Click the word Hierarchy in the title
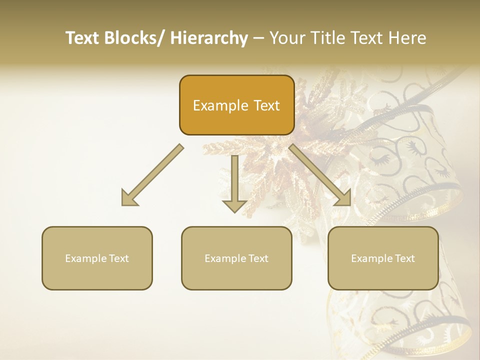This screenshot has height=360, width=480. [x=209, y=38]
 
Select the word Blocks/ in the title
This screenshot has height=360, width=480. [x=133, y=38]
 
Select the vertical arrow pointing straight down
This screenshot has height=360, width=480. [x=234, y=182]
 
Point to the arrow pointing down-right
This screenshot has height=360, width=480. [x=320, y=175]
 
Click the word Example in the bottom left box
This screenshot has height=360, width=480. [x=85, y=258]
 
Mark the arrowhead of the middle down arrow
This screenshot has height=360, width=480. [x=234, y=206]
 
